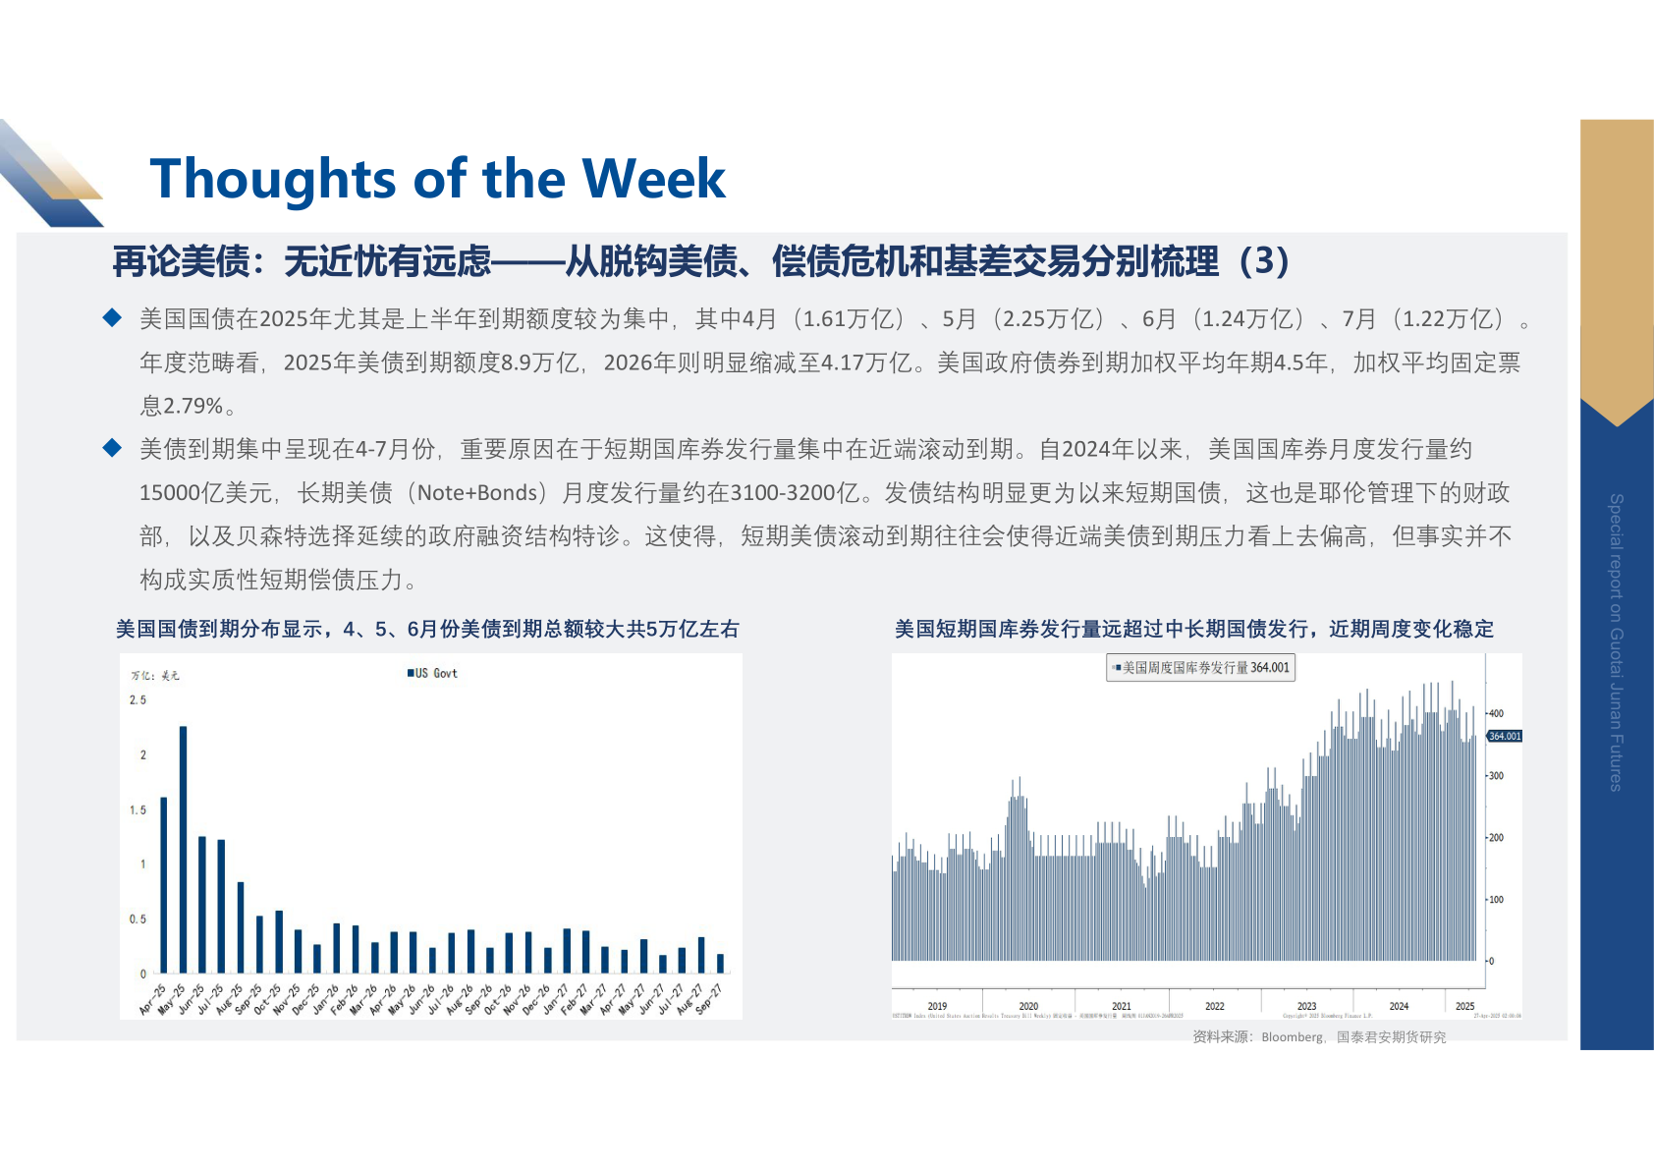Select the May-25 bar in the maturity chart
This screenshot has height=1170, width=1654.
[x=184, y=849]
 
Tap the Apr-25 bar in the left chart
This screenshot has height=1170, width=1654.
[x=164, y=884]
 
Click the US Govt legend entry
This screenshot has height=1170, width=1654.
[x=433, y=673]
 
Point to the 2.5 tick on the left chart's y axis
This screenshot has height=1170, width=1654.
[x=138, y=700]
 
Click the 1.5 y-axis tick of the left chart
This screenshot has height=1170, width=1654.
[x=138, y=810]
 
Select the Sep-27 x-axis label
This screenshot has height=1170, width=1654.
[x=709, y=999]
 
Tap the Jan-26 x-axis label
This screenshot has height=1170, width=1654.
[x=326, y=999]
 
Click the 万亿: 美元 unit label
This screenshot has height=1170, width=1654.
[x=156, y=675]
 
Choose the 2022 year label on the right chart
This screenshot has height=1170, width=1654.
[x=1215, y=1006]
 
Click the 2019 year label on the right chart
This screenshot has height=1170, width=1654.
[x=937, y=1006]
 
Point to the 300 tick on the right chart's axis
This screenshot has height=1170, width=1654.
[x=1496, y=776]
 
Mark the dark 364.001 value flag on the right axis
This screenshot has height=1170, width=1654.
[x=1504, y=736]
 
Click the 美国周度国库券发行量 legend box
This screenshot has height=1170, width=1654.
[x=1200, y=668]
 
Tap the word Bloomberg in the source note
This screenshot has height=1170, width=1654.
[x=1292, y=1037]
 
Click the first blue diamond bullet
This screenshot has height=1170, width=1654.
[x=113, y=317]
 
